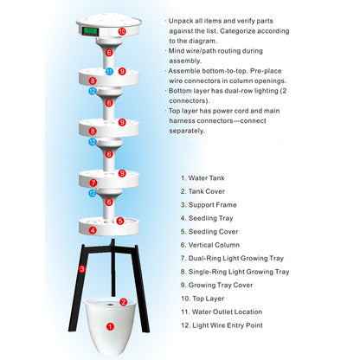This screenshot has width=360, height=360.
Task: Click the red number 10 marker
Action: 122,31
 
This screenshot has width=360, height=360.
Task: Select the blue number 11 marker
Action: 109,71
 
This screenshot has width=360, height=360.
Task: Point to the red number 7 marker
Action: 93,183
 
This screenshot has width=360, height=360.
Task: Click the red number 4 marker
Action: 93,230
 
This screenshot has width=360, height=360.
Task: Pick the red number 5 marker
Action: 120,221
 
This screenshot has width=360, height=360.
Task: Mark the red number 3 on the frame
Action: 82,269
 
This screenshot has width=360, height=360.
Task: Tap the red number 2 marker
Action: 123,302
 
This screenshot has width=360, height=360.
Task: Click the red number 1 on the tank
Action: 109,327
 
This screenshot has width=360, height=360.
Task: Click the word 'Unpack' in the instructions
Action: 180,18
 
